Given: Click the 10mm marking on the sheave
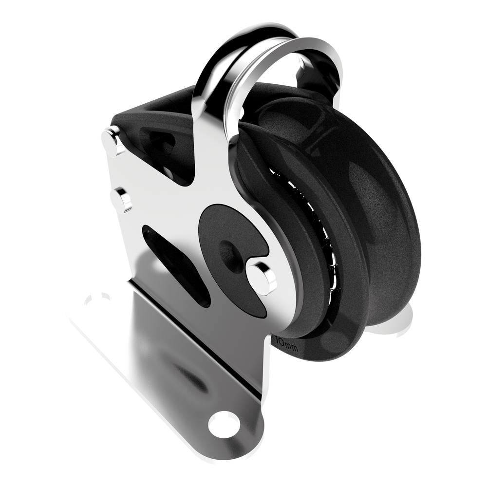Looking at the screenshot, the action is click(286, 345).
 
